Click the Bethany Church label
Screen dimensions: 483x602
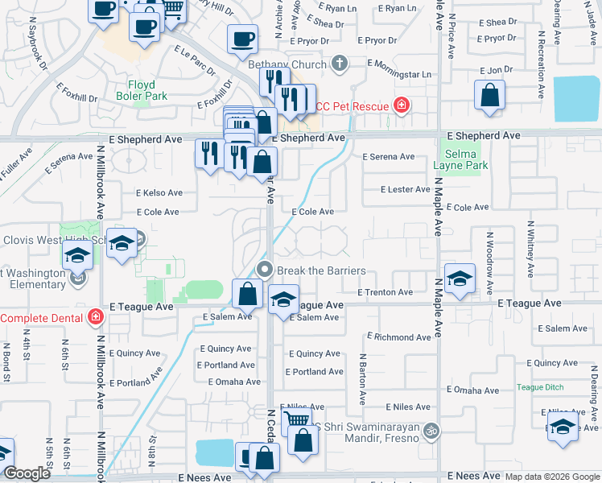click(x=287, y=64)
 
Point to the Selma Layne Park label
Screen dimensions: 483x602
click(x=466, y=159)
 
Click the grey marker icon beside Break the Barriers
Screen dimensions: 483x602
click(x=263, y=269)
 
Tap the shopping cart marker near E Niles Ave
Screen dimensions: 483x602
click(x=297, y=419)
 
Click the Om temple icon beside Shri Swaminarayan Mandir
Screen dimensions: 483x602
click(x=432, y=431)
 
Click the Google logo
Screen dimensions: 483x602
click(x=27, y=473)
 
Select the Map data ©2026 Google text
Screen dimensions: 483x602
click(x=551, y=477)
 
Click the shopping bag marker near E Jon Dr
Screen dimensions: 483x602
click(x=489, y=96)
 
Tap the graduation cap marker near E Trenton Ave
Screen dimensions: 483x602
click(x=459, y=279)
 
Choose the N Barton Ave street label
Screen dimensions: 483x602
click(x=363, y=378)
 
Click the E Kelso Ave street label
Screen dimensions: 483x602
click(x=159, y=193)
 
